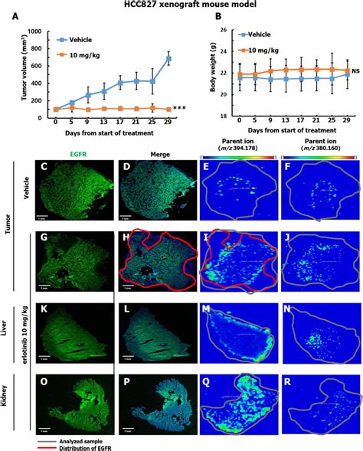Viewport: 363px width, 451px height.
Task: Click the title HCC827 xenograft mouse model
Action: [x=181, y=5]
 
